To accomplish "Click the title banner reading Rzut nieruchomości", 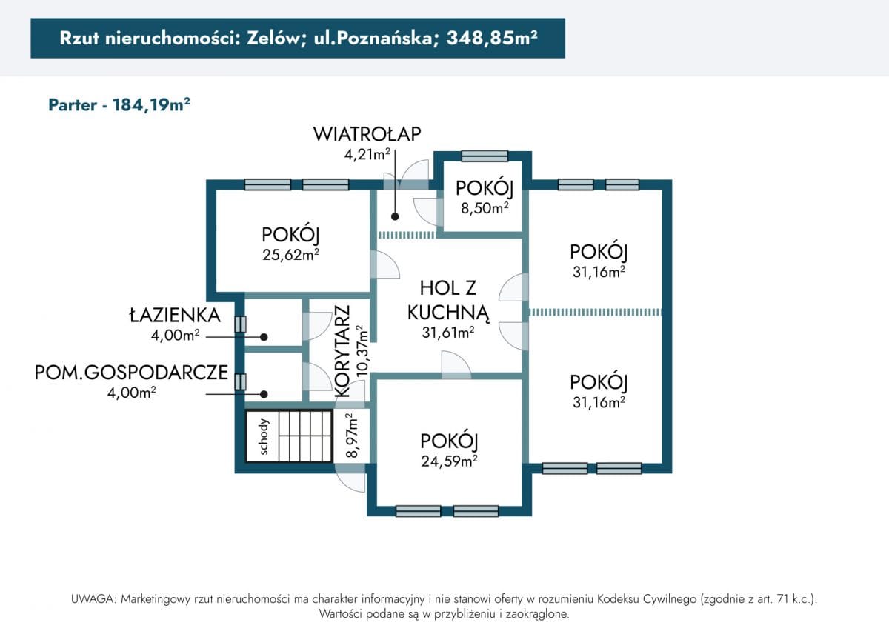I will point(298,39).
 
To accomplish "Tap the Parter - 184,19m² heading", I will point(119,104).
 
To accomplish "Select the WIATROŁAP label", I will point(367,134).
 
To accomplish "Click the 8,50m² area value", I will point(485,208).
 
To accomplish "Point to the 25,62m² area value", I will point(290,254).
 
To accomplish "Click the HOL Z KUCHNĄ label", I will point(448,300).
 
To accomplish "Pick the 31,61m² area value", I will point(448,333).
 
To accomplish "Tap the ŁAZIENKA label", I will point(175,315).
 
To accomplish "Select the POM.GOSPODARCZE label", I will point(131,373).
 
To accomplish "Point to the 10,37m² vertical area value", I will point(362,351).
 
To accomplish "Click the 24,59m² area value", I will point(448,461).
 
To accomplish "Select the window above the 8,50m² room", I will point(484,156).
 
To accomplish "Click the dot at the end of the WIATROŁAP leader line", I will point(395,217).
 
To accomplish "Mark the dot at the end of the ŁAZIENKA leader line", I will point(263,336).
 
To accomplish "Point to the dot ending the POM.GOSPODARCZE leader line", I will point(263,394).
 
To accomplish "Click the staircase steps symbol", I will point(304,436).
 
